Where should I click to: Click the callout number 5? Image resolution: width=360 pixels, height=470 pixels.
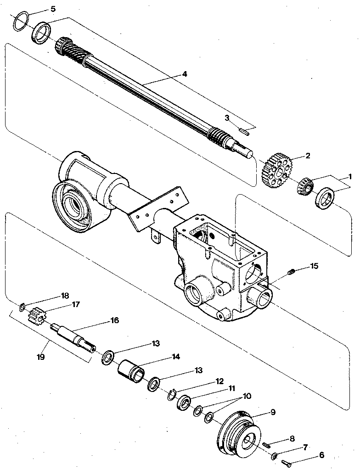tap(53, 9)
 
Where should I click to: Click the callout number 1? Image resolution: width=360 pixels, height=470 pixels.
tap(349, 176)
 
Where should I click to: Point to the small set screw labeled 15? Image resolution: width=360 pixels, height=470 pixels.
tap(290, 274)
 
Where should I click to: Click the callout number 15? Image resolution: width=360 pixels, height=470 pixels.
tap(314, 266)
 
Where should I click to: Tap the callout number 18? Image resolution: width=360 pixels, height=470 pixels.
tap(65, 295)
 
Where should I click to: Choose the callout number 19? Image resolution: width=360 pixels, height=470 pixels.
tap(40, 357)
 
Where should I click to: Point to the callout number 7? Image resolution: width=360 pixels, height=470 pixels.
tap(304, 447)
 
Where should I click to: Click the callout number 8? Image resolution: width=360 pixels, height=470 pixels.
tap(292, 438)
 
